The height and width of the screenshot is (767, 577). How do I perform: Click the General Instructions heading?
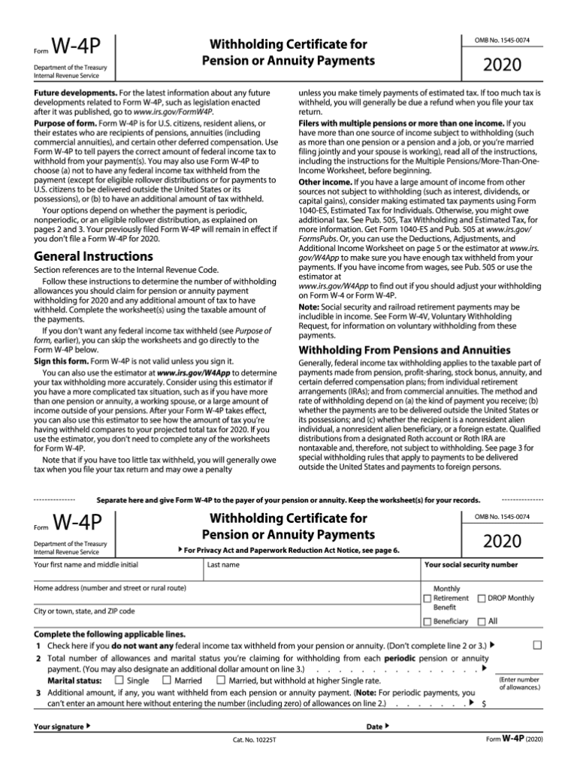(x=94, y=256)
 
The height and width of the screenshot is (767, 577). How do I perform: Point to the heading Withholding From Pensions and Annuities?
(x=394, y=350)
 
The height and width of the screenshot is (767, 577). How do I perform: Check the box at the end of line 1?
(x=537, y=645)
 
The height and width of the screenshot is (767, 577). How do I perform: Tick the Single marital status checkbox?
(x=119, y=680)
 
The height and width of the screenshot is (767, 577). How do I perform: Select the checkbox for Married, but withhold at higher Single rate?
(x=221, y=680)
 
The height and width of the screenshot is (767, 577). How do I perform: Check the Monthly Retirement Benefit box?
(x=427, y=599)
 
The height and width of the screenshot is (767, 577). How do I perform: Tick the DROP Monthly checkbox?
(x=482, y=599)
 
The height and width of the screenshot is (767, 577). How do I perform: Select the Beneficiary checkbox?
(x=427, y=621)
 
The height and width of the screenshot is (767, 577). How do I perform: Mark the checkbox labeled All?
(x=482, y=621)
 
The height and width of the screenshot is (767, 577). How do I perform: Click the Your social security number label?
(x=471, y=564)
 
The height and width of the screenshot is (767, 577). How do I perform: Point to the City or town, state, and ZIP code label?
(x=84, y=611)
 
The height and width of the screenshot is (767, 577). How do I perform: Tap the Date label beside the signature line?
(x=376, y=726)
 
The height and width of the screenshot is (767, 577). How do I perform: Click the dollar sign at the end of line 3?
(x=483, y=704)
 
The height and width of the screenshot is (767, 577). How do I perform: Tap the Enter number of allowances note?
(x=519, y=683)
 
